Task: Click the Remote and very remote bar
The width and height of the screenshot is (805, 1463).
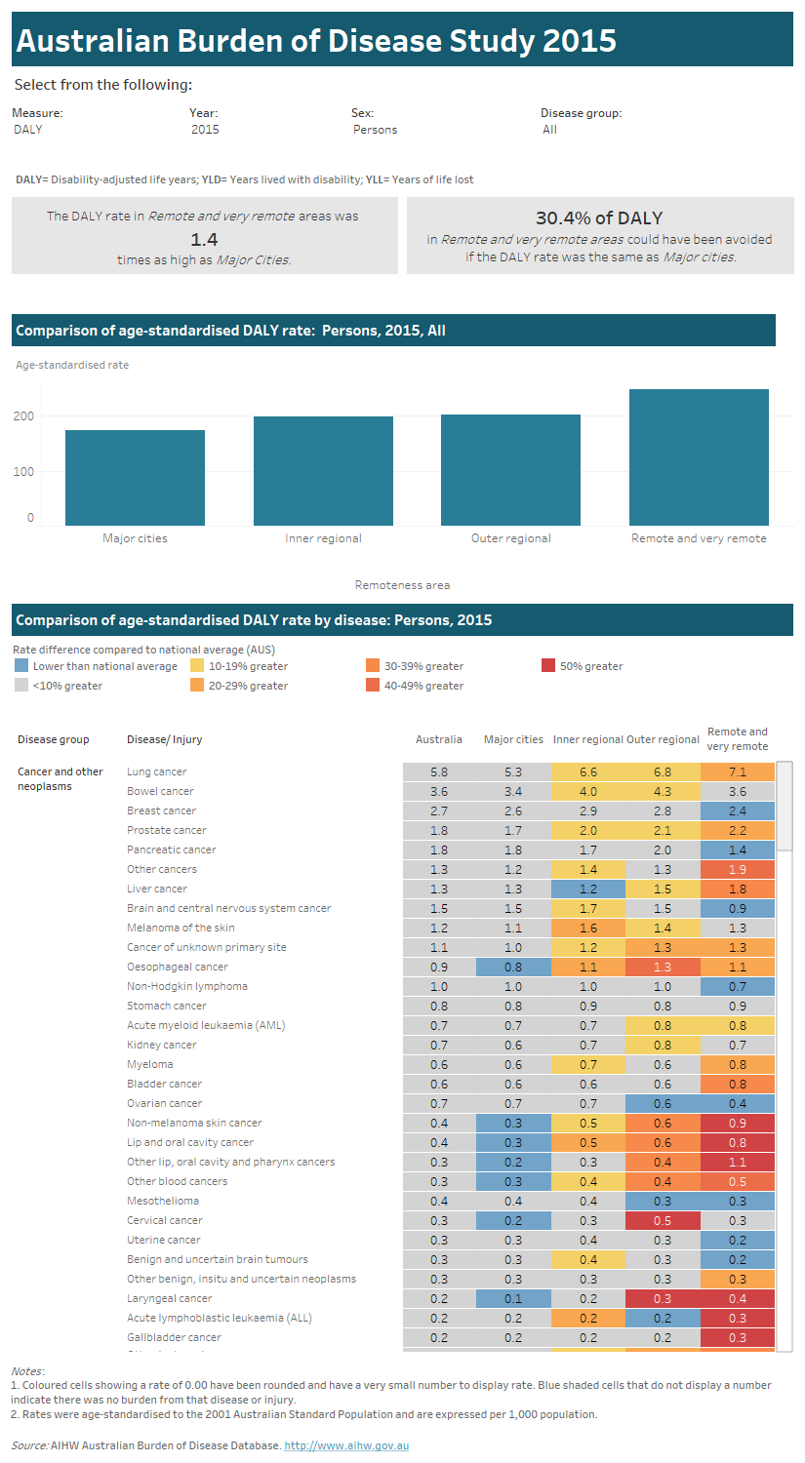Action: (699, 457)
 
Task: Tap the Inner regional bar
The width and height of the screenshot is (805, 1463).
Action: (323, 471)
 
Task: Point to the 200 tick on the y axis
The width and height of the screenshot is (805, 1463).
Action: (23, 416)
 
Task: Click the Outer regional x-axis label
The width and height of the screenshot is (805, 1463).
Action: (510, 538)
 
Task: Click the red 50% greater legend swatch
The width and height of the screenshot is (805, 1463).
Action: (547, 666)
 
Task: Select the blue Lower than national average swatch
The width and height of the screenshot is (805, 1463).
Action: (21, 666)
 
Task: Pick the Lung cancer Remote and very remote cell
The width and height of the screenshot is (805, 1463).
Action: (737, 771)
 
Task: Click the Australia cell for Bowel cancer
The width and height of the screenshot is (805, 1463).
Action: (439, 791)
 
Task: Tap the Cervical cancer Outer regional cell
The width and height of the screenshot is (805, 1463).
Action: (663, 1220)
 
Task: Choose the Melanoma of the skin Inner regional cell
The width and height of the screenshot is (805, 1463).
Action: (588, 928)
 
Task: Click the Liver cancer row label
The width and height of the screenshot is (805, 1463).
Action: (157, 889)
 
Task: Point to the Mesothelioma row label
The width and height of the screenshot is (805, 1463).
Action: (163, 1201)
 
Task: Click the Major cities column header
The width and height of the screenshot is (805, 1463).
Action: (513, 739)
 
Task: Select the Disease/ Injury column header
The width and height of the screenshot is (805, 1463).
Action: (165, 739)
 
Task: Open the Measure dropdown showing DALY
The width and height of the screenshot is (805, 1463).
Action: (28, 129)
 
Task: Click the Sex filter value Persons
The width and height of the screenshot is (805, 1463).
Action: (375, 129)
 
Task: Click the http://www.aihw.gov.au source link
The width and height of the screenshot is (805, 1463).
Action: (346, 1445)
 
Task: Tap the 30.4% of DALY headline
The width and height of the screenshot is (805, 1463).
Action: (599, 218)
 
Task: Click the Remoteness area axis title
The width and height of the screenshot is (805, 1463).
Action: (402, 585)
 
